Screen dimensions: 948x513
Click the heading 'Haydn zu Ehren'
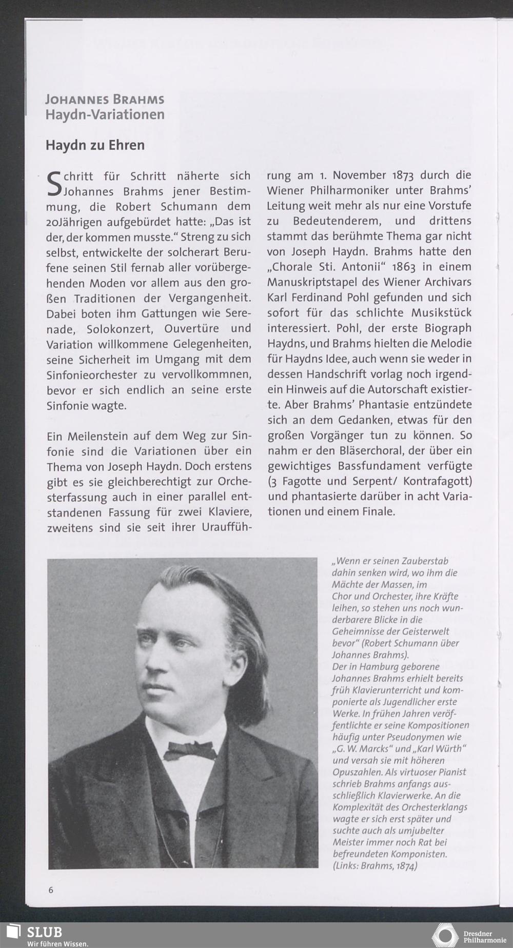[x=95, y=145]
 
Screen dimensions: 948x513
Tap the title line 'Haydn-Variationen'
[x=105, y=114]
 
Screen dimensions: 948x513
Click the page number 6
[x=50, y=890]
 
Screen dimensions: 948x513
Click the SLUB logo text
[x=45, y=932]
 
